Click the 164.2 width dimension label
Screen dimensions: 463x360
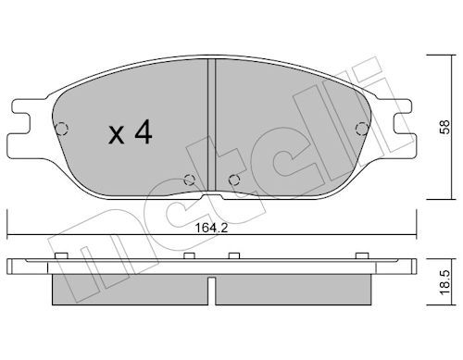pos(211,228)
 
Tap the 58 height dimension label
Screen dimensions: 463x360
pos(444,127)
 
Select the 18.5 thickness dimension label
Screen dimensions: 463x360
pos(444,283)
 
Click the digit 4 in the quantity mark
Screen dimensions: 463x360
pos(143,132)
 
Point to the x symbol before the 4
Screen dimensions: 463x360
pos(117,135)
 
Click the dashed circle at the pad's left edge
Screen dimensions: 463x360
pos(62,129)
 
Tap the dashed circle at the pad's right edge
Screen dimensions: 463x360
pos(361,129)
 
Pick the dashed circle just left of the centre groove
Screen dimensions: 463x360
pos(190,180)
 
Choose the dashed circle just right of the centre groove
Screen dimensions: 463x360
pos(234,180)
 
